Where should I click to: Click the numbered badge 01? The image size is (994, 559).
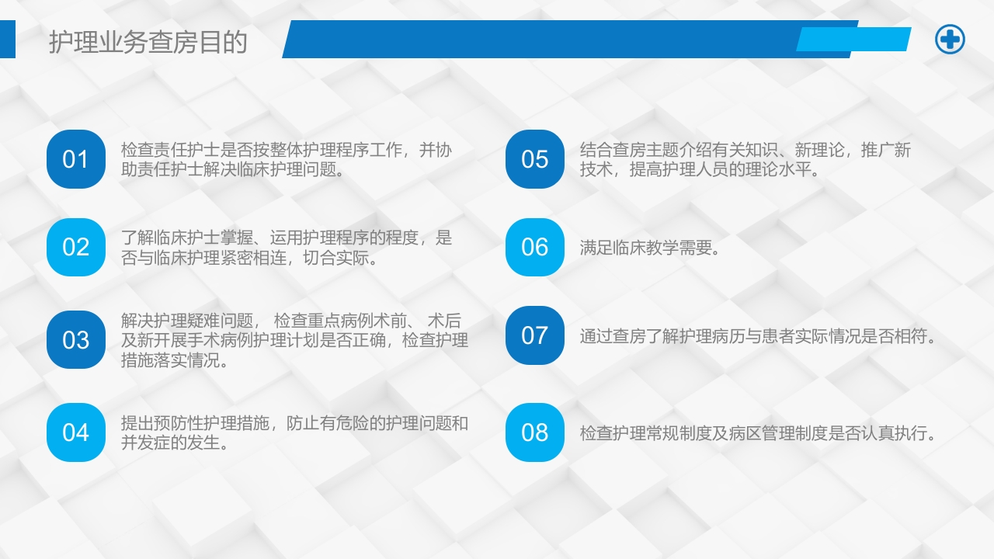coord(75,159)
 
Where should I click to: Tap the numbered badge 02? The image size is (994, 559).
coord(75,247)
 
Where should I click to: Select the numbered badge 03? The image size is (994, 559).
coord(75,339)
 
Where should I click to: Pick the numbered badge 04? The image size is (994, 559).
coord(75,432)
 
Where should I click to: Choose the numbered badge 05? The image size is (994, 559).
coord(534,159)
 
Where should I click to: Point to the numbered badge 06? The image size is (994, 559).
coord(534,247)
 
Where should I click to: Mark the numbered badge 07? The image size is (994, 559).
coord(534,335)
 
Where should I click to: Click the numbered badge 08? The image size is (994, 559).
coord(534,432)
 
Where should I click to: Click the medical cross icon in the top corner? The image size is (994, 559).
coord(949,39)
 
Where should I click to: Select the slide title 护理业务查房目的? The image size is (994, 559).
coord(148,42)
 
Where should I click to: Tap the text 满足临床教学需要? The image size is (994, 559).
coord(649,248)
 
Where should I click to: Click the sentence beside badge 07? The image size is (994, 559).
coord(757,337)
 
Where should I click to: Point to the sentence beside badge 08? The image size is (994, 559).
coord(757,433)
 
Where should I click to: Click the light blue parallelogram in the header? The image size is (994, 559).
coord(853,39)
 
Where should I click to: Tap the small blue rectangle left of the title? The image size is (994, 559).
coord(7,39)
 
